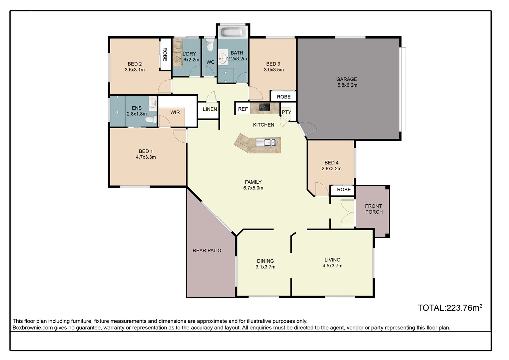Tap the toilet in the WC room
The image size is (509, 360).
click(210, 45)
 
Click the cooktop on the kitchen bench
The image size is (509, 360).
click(265, 107)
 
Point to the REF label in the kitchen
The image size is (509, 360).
click(243, 109)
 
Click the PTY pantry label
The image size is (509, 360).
click(286, 112)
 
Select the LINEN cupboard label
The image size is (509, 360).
click(210, 109)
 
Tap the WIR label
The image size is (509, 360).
click(175, 112)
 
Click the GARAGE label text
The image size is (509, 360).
click(346, 79)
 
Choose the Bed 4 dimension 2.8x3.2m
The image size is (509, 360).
click(331, 169)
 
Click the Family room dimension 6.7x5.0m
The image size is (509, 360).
click(253, 188)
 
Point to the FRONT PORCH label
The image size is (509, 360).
click(373, 209)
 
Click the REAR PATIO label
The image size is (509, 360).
click(207, 251)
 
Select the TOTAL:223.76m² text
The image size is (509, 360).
click(450, 308)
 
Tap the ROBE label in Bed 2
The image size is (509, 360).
click(165, 54)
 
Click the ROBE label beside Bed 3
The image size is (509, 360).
click(283, 97)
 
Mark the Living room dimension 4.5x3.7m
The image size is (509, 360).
click(332, 266)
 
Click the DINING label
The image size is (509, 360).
click(265, 261)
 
